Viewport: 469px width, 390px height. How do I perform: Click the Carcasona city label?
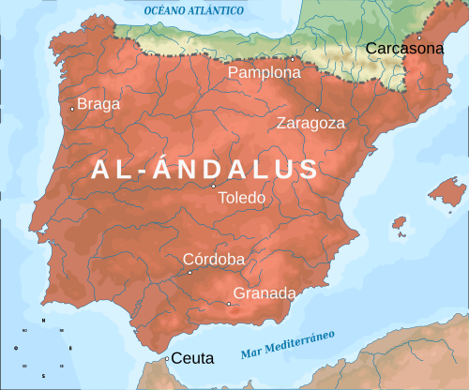404,48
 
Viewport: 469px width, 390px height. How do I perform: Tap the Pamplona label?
264,73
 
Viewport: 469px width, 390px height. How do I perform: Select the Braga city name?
98,104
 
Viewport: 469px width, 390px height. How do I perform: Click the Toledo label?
241,199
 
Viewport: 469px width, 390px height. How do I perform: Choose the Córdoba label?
214,260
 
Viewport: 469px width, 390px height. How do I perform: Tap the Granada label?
265,293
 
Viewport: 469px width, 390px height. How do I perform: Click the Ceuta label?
193,358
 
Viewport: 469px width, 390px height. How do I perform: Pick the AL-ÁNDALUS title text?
204,169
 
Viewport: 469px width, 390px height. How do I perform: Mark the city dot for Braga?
72,109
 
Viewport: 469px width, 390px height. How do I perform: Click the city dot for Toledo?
213,186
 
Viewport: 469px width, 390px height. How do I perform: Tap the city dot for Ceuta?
166,359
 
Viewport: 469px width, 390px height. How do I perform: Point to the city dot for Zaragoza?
317,109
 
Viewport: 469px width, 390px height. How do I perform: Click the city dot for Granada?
229,303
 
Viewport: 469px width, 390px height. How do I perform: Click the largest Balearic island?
446,193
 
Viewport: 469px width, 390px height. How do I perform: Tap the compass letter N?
41,320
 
